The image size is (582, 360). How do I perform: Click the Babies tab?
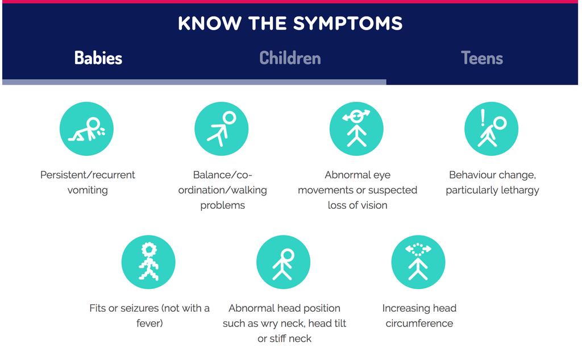tap(98, 58)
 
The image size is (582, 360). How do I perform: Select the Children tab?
tap(290, 58)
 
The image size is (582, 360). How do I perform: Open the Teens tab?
tap(482, 58)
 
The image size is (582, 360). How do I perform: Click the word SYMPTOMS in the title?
tap(348, 23)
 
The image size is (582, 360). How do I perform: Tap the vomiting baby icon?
tap(86, 129)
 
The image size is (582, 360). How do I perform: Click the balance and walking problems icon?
tap(222, 129)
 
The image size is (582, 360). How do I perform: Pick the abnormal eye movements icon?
tap(356, 129)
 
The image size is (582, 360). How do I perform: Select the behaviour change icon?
tap(492, 129)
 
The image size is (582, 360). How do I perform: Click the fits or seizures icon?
tap(148, 262)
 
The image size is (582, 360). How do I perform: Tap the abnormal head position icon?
tap(283, 262)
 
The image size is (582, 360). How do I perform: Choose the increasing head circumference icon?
tap(418, 262)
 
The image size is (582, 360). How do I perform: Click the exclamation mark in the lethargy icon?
tap(483, 118)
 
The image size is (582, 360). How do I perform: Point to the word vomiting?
tap(88, 190)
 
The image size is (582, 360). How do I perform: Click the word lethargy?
tap(519, 190)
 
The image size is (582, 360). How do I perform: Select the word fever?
tap(148, 323)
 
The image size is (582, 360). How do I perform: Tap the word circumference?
tap(419, 324)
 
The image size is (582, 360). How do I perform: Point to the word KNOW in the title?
tap(210, 23)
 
